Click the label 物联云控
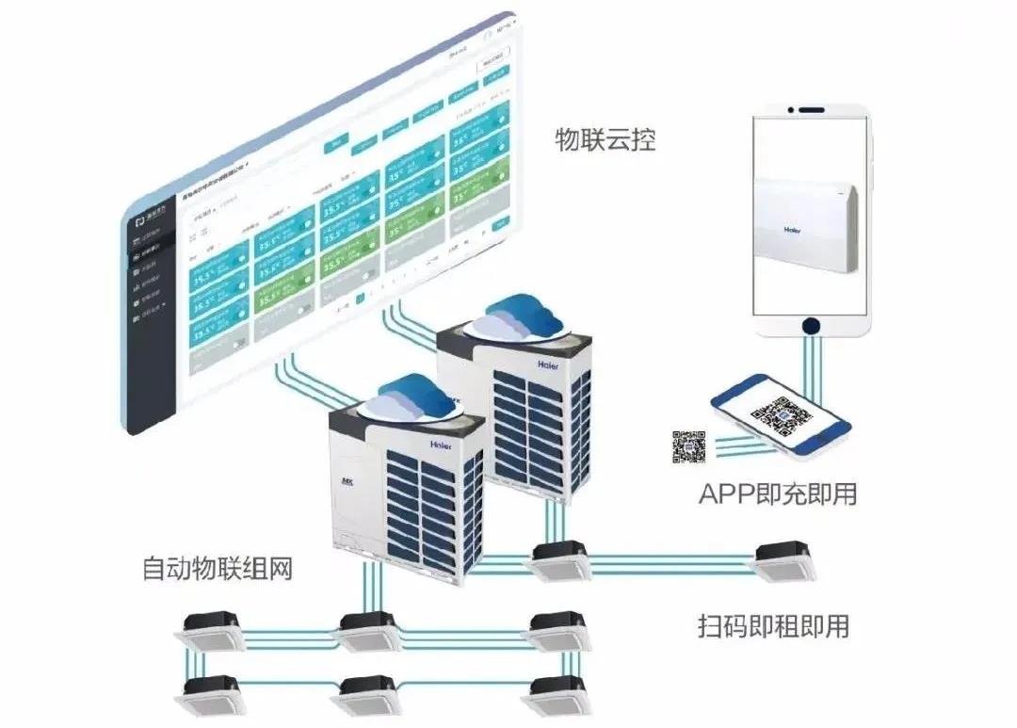coord(605,142)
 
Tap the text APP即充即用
coord(778,493)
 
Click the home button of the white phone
coord(809,326)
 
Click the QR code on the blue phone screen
coord(783,414)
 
